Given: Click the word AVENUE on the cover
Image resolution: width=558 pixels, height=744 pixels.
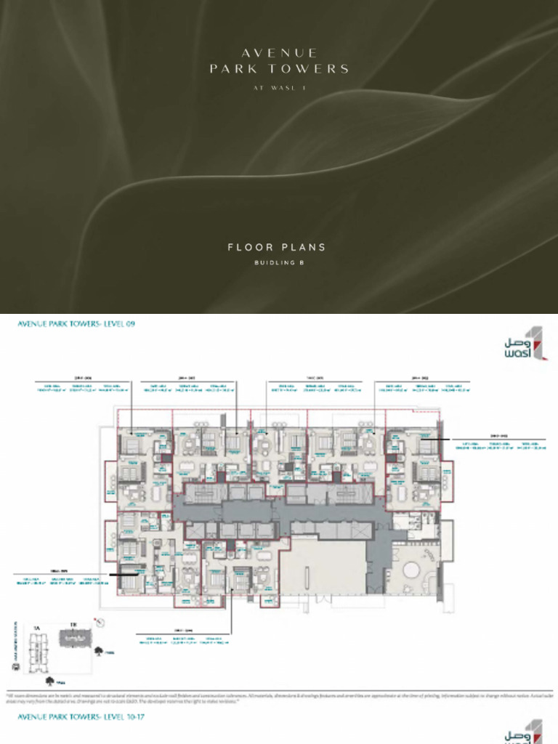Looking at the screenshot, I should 279,53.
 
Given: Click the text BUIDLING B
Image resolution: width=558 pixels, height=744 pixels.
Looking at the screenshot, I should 279,262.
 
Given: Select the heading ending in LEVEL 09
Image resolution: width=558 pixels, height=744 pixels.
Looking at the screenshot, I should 76,324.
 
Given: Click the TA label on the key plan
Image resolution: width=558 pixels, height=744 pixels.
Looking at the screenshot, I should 36,624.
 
